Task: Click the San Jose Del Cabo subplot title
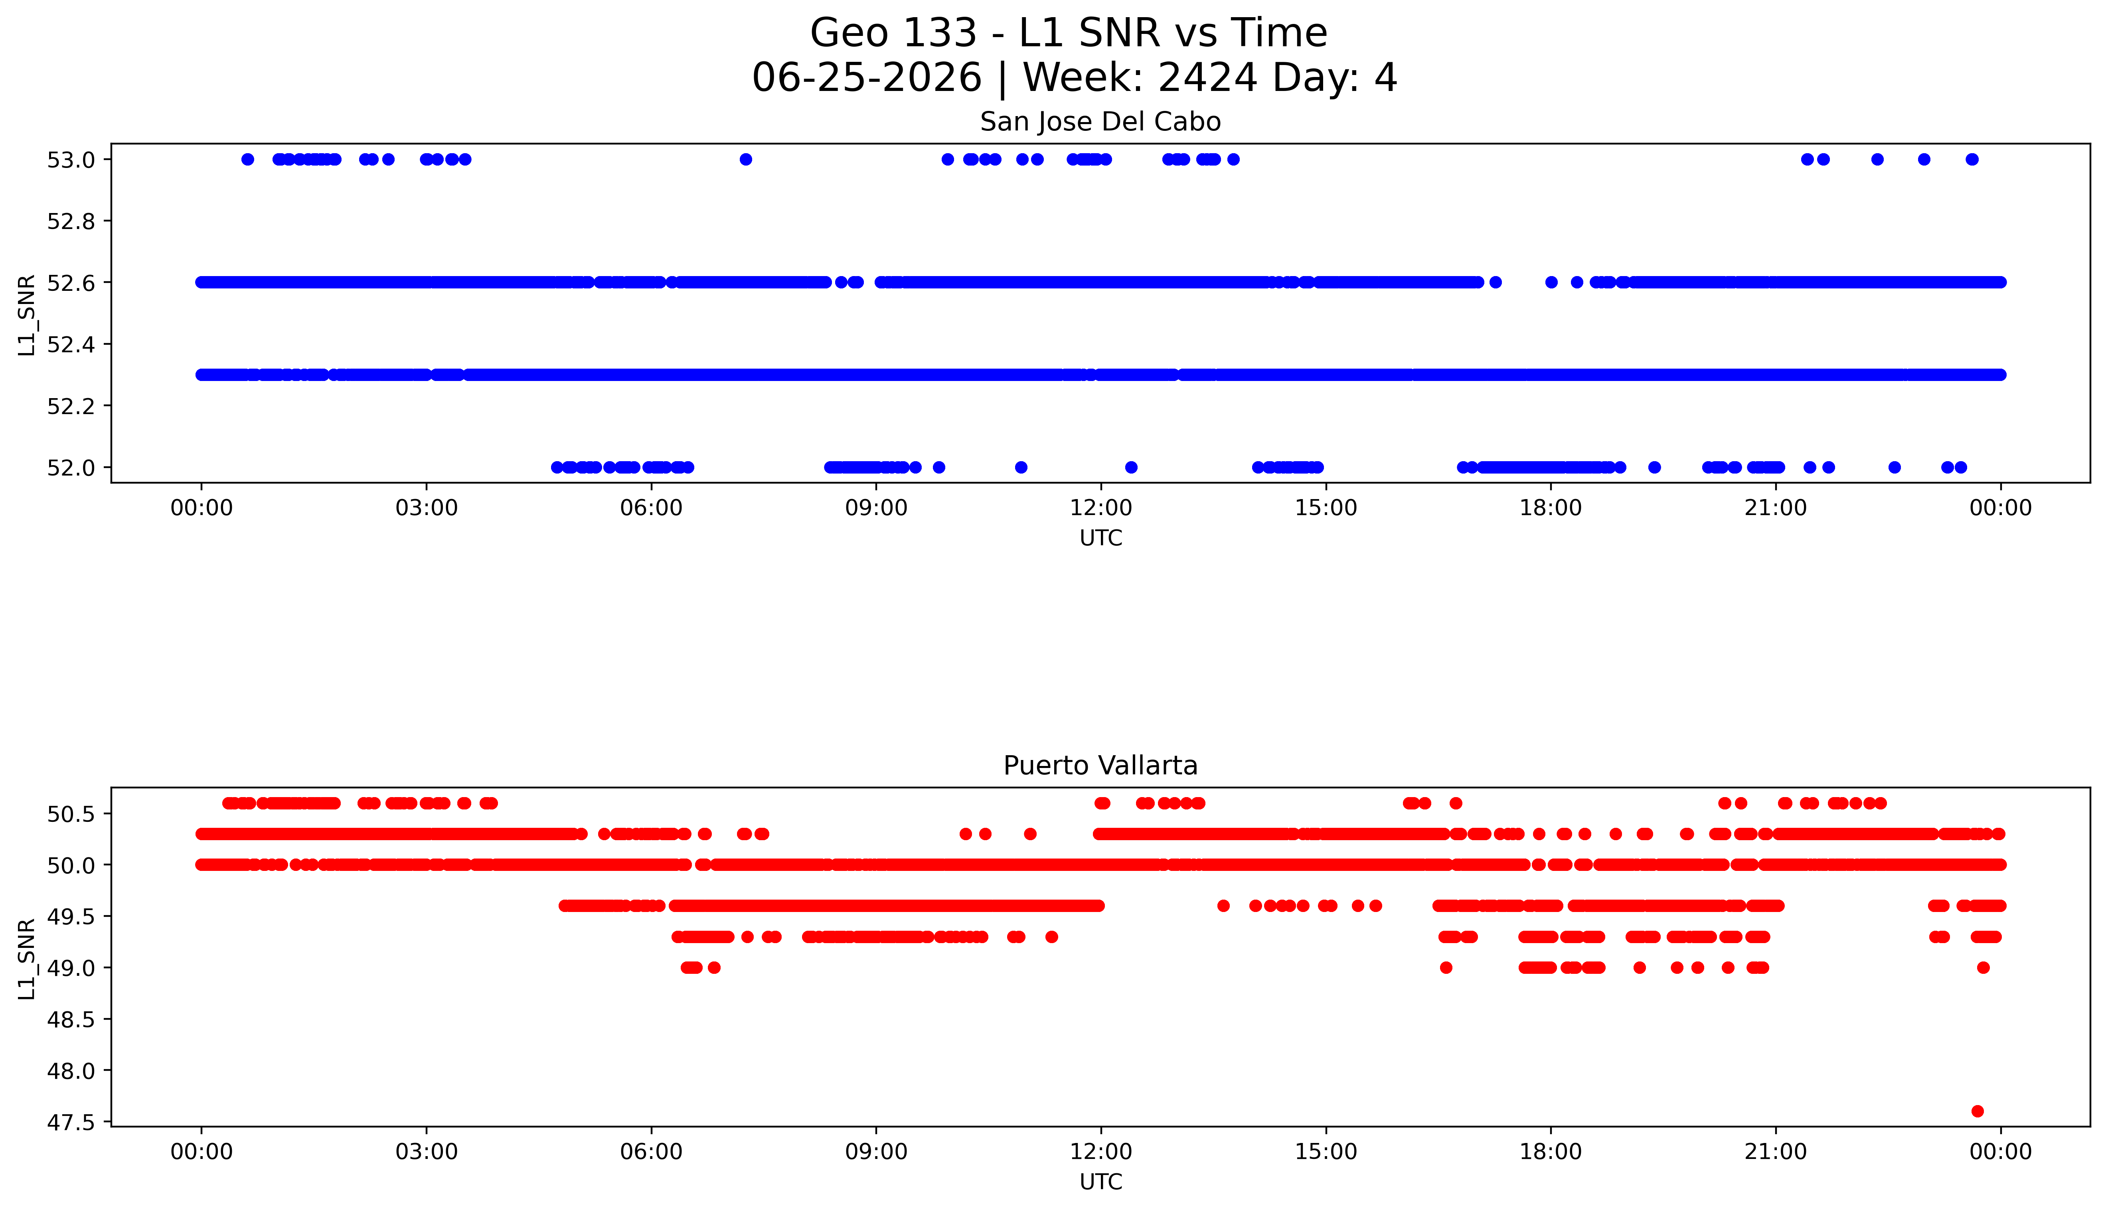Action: (1100, 122)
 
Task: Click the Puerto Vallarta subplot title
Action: (1100, 766)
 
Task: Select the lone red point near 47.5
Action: (1977, 1111)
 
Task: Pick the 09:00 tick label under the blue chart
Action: (876, 508)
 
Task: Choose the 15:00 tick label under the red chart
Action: (1326, 1152)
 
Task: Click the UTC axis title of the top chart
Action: (1100, 539)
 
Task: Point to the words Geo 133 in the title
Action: (893, 33)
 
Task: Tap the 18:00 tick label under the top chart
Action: (1551, 508)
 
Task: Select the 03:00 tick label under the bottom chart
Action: (427, 1152)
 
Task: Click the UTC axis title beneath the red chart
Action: (1100, 1182)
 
